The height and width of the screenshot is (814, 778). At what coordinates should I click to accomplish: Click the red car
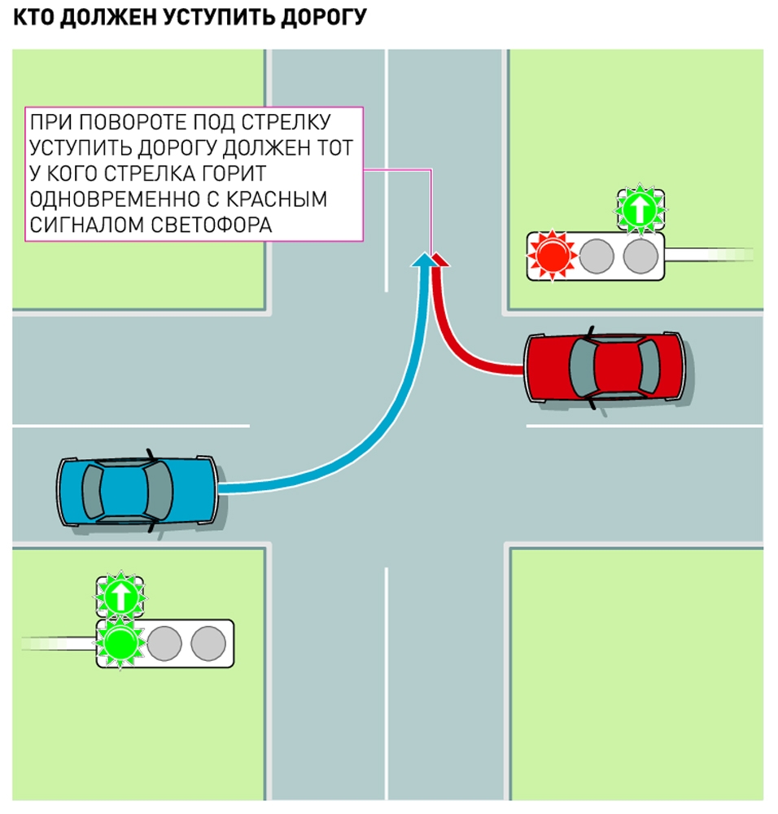point(604,367)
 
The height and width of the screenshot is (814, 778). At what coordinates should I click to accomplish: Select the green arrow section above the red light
point(640,209)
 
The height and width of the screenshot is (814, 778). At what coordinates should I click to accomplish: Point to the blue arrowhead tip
point(423,257)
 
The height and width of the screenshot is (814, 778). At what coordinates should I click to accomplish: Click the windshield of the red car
point(580,367)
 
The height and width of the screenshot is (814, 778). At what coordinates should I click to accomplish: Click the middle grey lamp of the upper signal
point(596,256)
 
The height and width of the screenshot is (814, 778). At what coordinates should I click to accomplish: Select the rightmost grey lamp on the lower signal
point(208,642)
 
